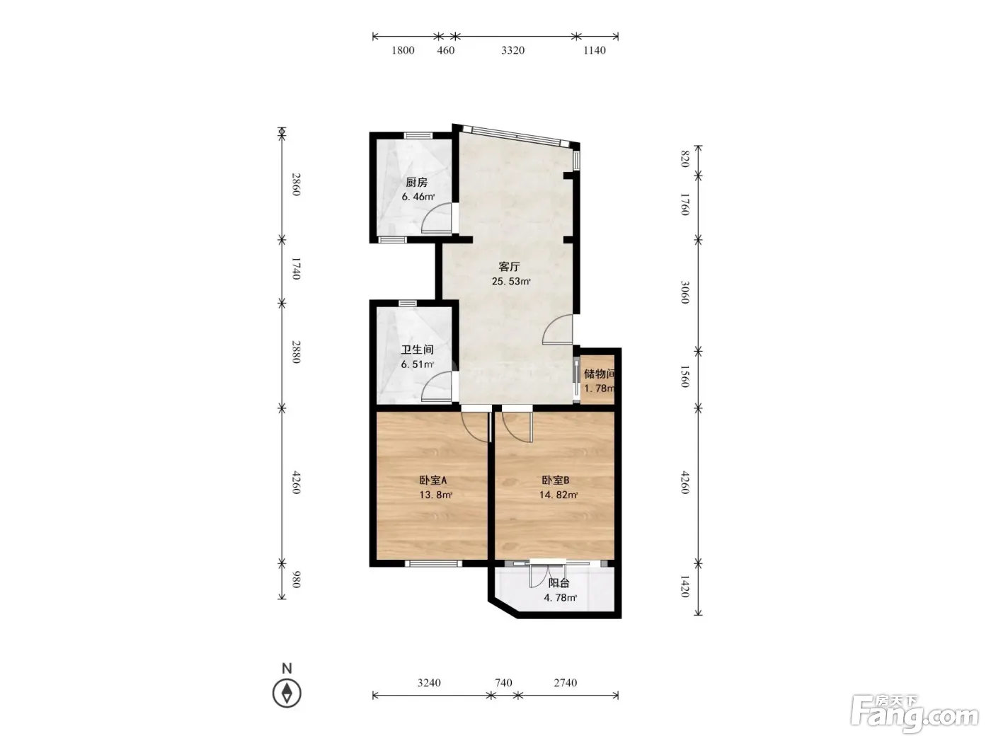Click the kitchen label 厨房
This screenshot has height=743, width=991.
[x=416, y=183]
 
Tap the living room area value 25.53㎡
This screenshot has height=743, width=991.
[x=510, y=282]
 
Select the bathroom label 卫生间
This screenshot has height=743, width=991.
[x=418, y=350]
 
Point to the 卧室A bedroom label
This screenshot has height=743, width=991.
[x=433, y=480]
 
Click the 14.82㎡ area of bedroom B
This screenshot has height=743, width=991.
[x=558, y=495]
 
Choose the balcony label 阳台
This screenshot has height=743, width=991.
[x=559, y=583]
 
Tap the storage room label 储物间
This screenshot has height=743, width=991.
[x=599, y=374]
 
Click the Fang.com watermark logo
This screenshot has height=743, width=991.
[x=915, y=714]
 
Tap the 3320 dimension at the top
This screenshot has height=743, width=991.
[x=513, y=50]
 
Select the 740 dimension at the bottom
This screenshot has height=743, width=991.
[x=503, y=683]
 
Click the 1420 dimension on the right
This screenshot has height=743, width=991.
[x=685, y=587]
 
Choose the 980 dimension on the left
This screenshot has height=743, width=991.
[x=296, y=580]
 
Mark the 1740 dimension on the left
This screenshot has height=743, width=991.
[x=296, y=268]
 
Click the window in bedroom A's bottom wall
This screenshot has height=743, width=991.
[x=433, y=563]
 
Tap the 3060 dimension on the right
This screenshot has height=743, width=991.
[x=685, y=292]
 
